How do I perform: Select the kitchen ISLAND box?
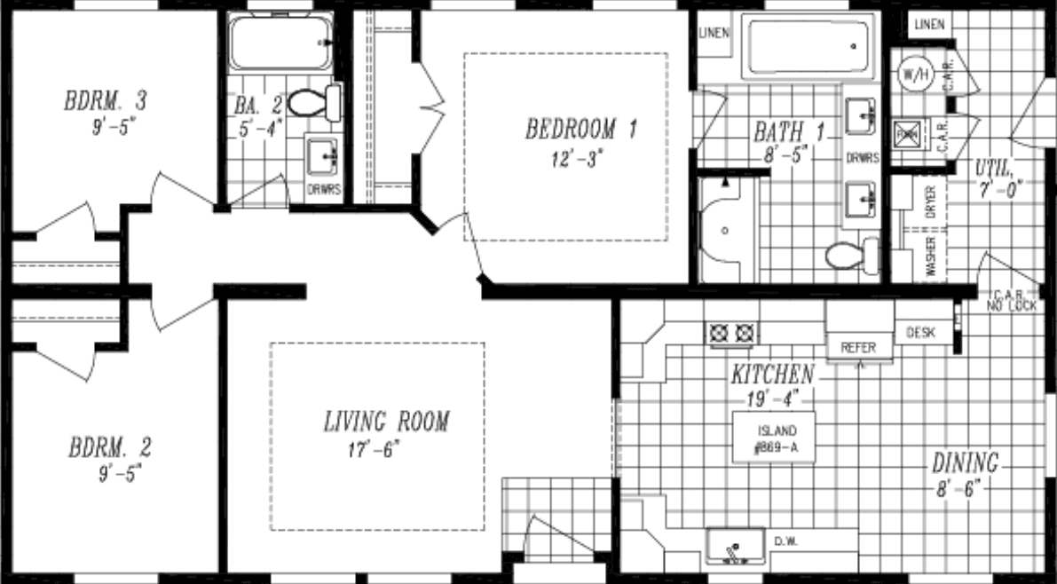[x=771, y=438]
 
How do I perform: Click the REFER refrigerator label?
[x=858, y=348]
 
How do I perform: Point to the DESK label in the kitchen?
[x=921, y=333]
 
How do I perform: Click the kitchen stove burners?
[x=732, y=333]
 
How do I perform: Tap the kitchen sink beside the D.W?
[x=733, y=548]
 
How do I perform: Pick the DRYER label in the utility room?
[x=931, y=202]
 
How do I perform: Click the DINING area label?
[x=965, y=463]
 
